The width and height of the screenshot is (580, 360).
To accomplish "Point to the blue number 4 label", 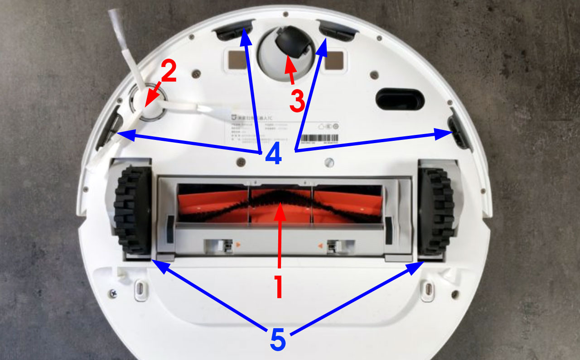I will click(273, 154).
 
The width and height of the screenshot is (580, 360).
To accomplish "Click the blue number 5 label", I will click(278, 339).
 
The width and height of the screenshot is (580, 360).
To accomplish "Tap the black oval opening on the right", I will click(400, 99).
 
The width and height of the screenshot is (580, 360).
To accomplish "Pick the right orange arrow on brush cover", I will click(320, 246).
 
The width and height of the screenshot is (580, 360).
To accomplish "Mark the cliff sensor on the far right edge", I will click(458, 131).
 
